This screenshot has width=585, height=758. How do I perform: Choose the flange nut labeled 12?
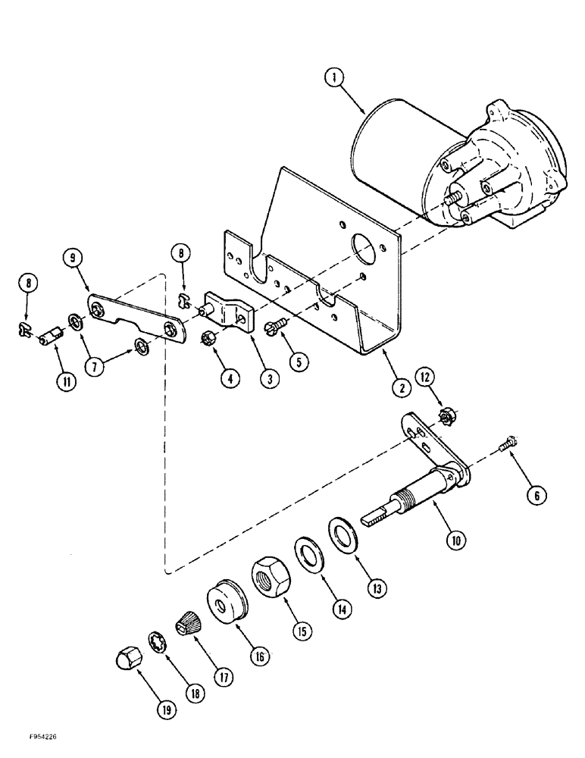pos(446,415)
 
